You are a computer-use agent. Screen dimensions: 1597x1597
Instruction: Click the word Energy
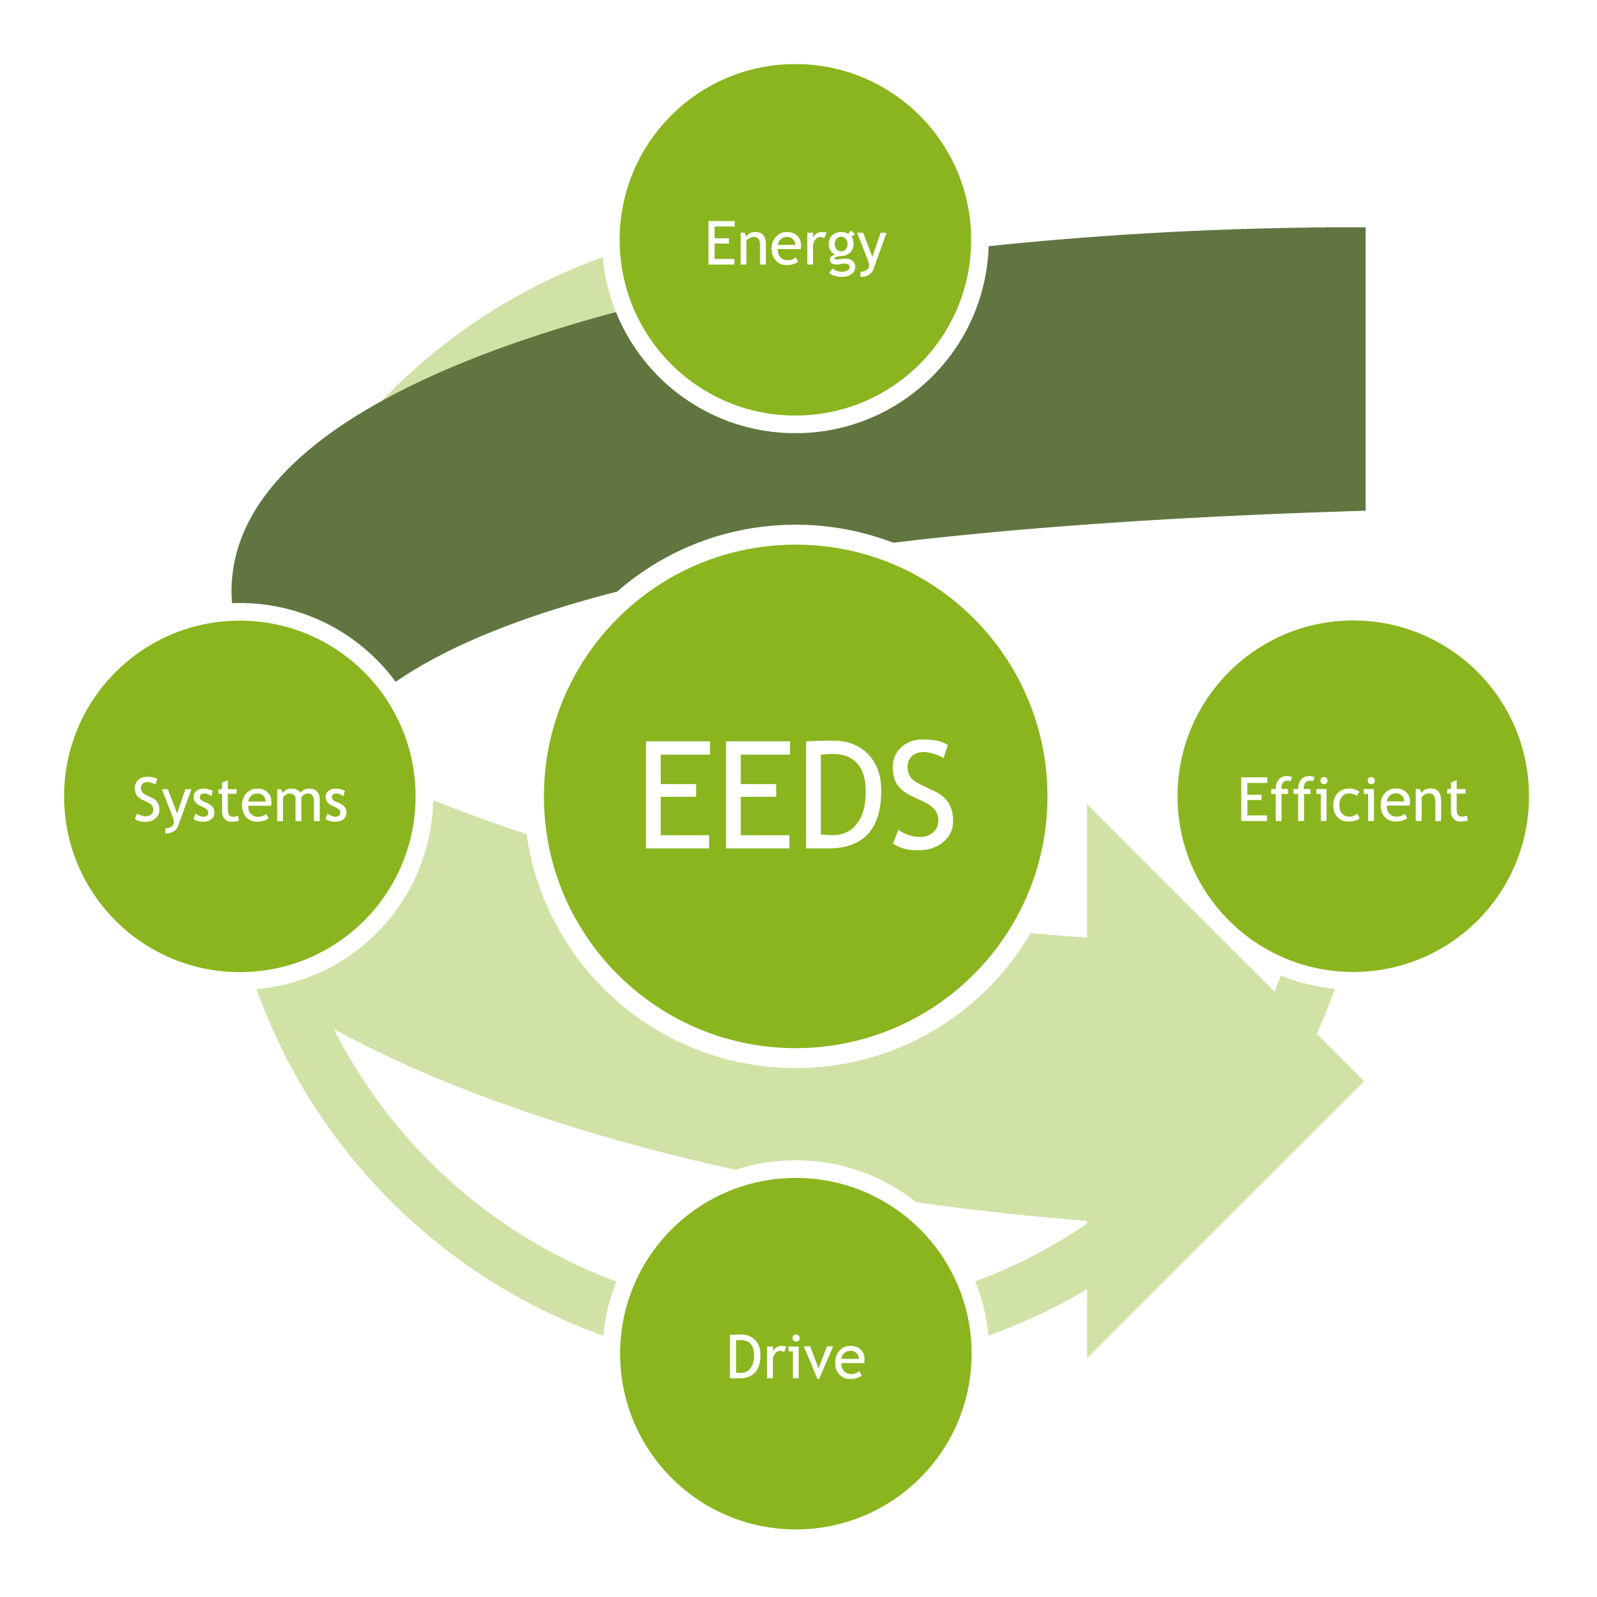pos(795,244)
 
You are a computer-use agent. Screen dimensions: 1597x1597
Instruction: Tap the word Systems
pos(240,800)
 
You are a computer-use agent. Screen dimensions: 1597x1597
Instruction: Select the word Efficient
pos(1353,800)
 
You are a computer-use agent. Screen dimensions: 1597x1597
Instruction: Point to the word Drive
pos(795,1357)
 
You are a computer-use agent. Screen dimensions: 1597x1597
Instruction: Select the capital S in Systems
pos(147,800)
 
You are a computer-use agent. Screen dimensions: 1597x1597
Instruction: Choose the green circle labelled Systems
pos(240,893)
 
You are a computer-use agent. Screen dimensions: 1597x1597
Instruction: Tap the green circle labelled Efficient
pos(1353,893)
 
